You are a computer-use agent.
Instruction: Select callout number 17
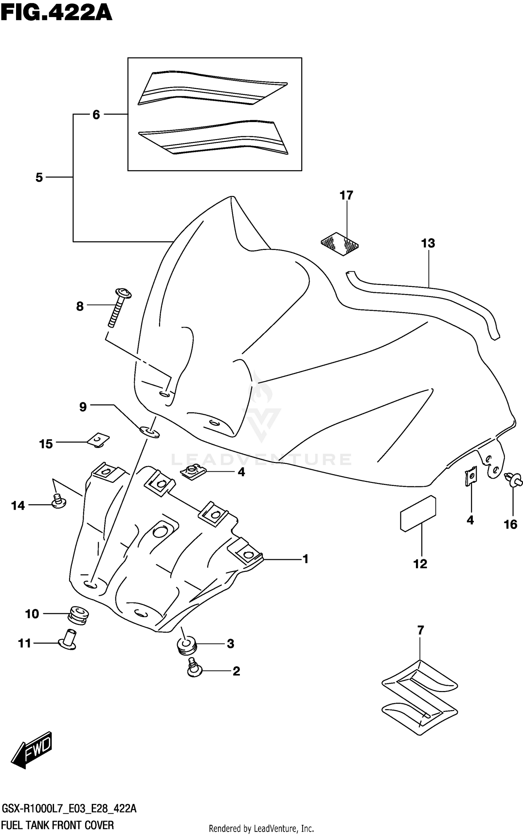pyautogui.click(x=346, y=196)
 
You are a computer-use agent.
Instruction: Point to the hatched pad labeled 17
pyautogui.click(x=340, y=244)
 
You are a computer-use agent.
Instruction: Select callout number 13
pyautogui.click(x=428, y=243)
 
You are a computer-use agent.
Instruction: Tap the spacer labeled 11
pyautogui.click(x=68, y=640)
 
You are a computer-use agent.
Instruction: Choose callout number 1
pyautogui.click(x=305, y=560)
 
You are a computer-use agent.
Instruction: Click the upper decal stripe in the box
pyautogui.click(x=213, y=89)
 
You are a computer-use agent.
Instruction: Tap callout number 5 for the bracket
pyautogui.click(x=39, y=178)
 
